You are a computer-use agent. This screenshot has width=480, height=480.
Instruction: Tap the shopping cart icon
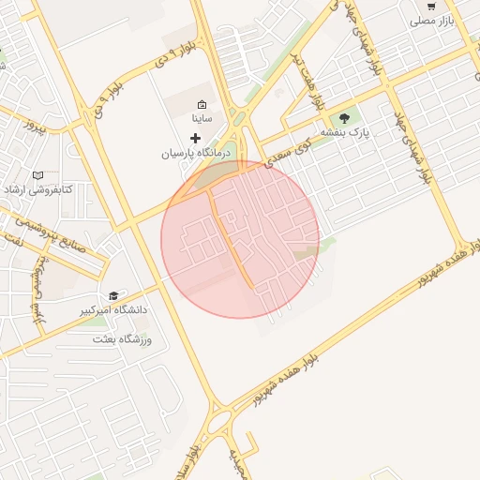(x=430, y=6)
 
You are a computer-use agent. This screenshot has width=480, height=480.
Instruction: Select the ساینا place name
(x=203, y=119)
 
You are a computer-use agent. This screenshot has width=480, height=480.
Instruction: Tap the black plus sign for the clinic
(x=195, y=137)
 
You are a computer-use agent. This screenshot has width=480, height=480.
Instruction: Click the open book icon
(x=38, y=175)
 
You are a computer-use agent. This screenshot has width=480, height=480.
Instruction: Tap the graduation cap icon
(x=114, y=295)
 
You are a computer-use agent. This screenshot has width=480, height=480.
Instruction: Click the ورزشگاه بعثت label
(x=122, y=337)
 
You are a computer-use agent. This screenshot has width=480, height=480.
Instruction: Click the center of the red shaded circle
(x=240, y=239)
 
